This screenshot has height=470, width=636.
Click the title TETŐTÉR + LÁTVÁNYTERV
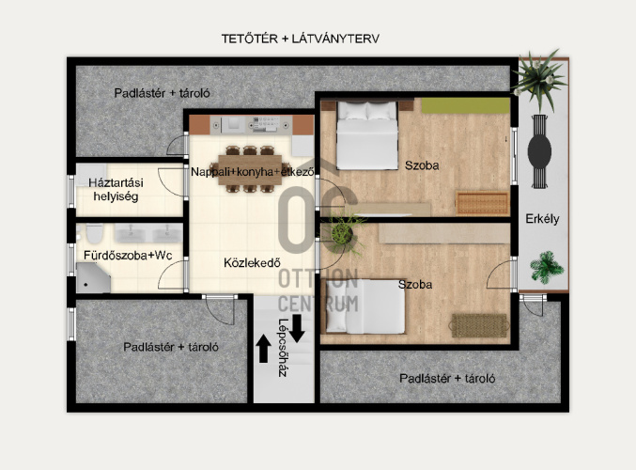coord(301,39)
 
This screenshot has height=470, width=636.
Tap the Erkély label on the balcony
coord(542,219)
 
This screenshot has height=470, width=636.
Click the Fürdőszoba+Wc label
coord(128,256)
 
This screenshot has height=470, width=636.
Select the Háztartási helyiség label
coord(116,190)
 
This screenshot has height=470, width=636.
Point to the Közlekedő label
coord(252,262)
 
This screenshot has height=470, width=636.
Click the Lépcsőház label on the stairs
coord(283,348)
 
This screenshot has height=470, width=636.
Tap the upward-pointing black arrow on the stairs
coord(264,348)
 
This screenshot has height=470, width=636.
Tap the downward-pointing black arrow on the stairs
coord(297,328)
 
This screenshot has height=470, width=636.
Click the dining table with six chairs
coord(250,169)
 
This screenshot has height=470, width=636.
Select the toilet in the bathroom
coord(95,233)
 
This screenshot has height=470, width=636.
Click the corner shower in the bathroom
coord(93,277)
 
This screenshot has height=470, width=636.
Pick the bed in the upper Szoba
coord(367,135)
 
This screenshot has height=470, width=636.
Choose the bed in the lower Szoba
coord(365,306)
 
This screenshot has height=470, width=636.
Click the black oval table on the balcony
coord(539,151)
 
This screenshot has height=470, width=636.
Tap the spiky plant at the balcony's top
coord(538,79)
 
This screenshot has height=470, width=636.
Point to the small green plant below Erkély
coord(547,267)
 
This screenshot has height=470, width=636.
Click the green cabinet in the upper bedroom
coord(465,105)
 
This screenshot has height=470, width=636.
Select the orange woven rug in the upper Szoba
coord(482,203)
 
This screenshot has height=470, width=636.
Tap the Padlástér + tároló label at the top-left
coord(162,93)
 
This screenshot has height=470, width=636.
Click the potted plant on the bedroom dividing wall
coord(343,233)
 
